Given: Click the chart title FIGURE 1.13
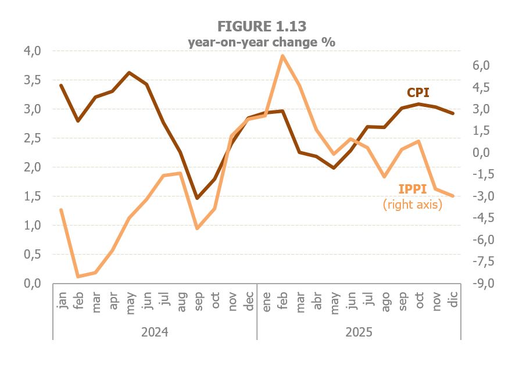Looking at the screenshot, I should [262, 26].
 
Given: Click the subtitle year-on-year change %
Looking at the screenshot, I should [262, 42].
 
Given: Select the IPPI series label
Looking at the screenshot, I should [413, 189].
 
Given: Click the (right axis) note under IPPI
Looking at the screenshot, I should [413, 205].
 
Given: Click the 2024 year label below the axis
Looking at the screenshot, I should [155, 332].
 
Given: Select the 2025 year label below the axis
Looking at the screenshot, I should [359, 332].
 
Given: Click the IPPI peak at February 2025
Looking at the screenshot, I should [282, 56].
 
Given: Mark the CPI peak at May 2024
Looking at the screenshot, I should [129, 73].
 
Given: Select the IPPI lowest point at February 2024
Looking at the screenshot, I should [78, 276].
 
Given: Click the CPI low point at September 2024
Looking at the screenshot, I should [197, 198].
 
